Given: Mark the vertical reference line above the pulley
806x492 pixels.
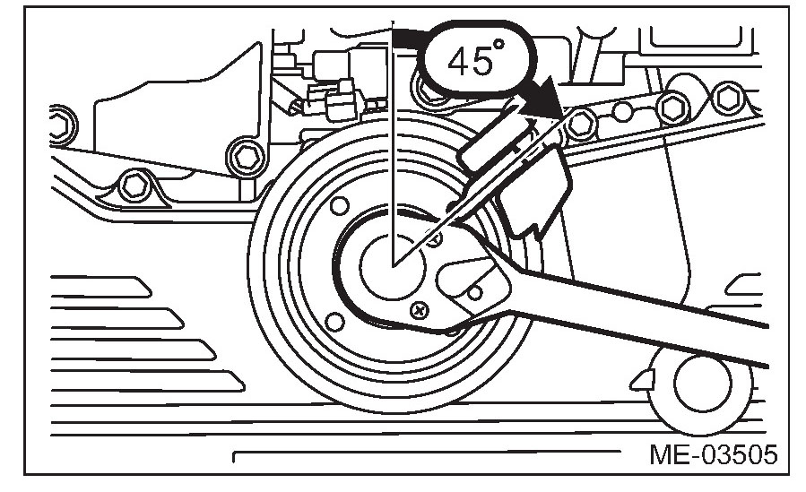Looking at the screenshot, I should [393, 134].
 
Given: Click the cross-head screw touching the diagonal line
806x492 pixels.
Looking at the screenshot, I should [434, 239].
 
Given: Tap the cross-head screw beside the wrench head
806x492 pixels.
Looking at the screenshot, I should [419, 310].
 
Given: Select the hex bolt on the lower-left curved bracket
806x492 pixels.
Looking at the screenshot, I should [132, 186].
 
